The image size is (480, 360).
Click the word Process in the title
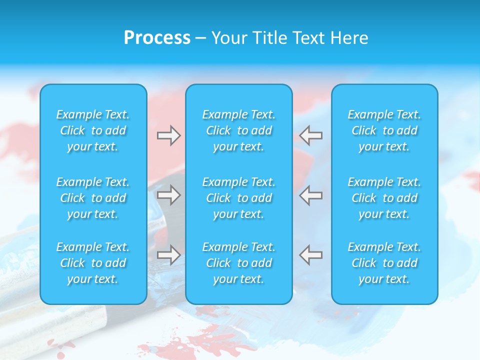point(157,38)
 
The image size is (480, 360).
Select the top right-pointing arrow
point(169,135)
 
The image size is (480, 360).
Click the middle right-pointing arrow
point(169,195)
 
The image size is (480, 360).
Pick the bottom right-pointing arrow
point(169,254)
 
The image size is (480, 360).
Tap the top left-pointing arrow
point(310,135)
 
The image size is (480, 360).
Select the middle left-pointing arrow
point(310,195)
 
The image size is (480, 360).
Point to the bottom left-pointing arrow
point(310,254)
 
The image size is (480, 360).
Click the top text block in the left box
point(93,130)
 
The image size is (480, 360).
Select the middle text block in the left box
point(93,198)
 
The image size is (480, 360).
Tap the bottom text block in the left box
point(93,263)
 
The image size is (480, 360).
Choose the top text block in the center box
point(239,130)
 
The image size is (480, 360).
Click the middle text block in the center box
point(239,198)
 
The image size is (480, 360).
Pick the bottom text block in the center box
point(239,263)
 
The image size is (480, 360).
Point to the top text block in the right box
point(384,130)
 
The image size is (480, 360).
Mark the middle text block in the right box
point(384,198)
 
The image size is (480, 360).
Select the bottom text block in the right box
point(384,263)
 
